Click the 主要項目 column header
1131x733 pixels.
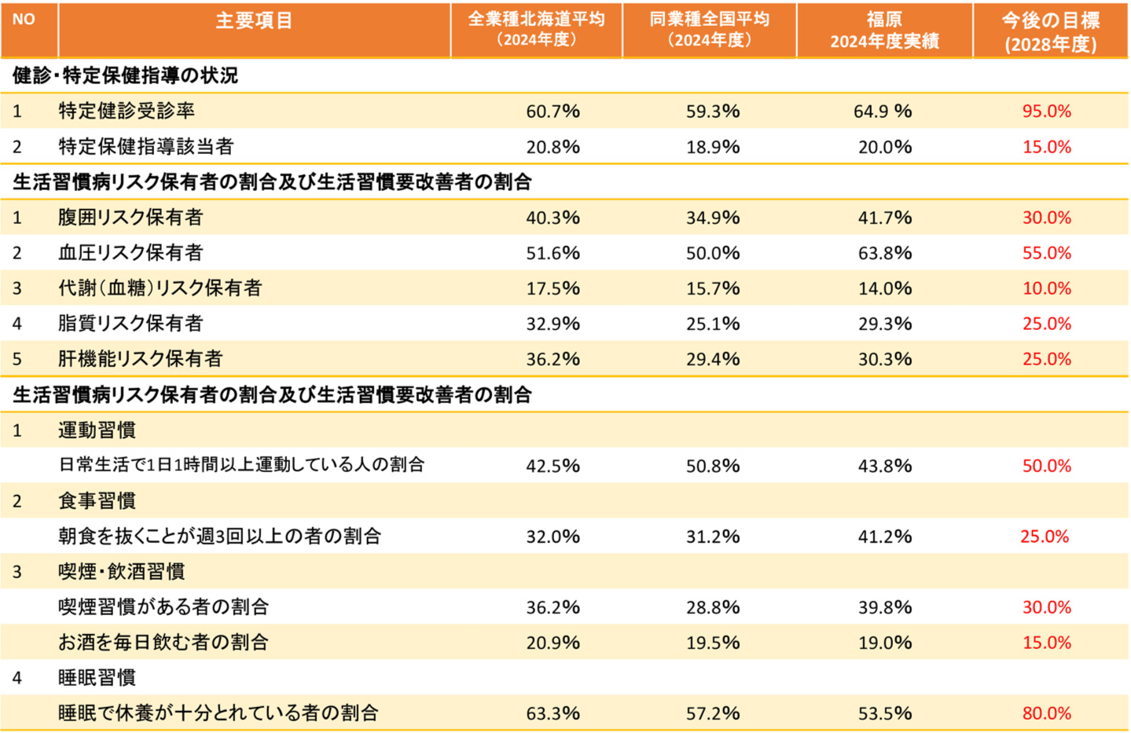pyautogui.click(x=254, y=21)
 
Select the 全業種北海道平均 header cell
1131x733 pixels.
pyautogui.click(x=536, y=29)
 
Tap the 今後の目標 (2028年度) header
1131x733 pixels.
pyautogui.click(x=1050, y=31)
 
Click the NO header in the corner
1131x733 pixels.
pyautogui.click(x=24, y=19)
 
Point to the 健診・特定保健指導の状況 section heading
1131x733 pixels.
pyautogui.click(x=126, y=75)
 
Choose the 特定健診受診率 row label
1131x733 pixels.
pyautogui.click(x=127, y=111)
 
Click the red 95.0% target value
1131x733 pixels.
pyautogui.click(x=1046, y=112)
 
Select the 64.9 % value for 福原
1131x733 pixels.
pyautogui.click(x=883, y=112)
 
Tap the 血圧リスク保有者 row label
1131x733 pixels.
pyautogui.click(x=130, y=252)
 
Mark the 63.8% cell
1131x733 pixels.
pyautogui.click(x=885, y=253)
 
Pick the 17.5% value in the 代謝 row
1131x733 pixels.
pyautogui.click(x=553, y=288)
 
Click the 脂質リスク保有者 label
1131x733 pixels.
pyautogui.click(x=130, y=323)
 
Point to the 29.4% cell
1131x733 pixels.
pyautogui.click(x=712, y=359)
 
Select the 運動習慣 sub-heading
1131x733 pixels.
pyautogui.click(x=97, y=430)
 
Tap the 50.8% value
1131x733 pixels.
pyautogui.click(x=712, y=466)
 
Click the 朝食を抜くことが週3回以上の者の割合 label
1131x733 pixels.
pyautogui.click(x=219, y=536)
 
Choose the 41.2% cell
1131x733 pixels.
pyautogui.click(x=885, y=537)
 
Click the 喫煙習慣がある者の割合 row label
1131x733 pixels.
pyautogui.click(x=163, y=607)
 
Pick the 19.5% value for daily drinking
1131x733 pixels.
pyautogui.click(x=712, y=643)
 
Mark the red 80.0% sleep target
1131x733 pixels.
pyautogui.click(x=1046, y=713)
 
